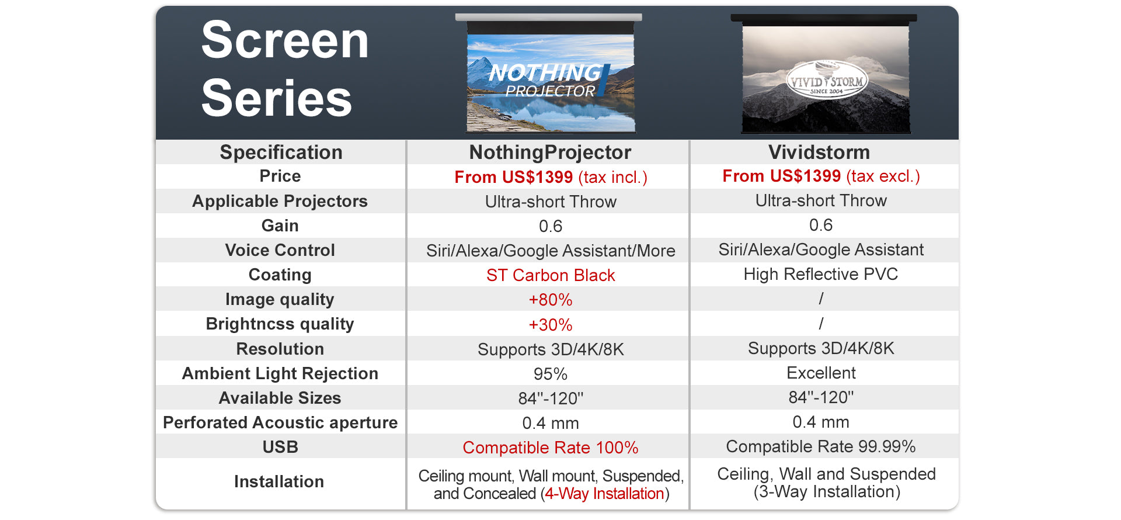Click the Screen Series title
point(285,69)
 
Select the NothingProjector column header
point(550,152)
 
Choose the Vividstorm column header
point(819,152)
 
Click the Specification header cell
point(281,152)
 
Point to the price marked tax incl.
point(551,177)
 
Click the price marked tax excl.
point(821,176)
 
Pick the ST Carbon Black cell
point(551,275)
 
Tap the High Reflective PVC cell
point(821,274)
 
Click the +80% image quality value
point(551,300)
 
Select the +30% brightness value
point(551,325)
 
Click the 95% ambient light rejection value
point(551,374)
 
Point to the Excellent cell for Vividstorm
point(821,373)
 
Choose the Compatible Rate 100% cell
point(551,448)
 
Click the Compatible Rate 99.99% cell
point(821,446)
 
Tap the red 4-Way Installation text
point(605,494)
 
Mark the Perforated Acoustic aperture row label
point(280,422)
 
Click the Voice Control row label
point(280,250)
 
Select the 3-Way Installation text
point(827,492)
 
